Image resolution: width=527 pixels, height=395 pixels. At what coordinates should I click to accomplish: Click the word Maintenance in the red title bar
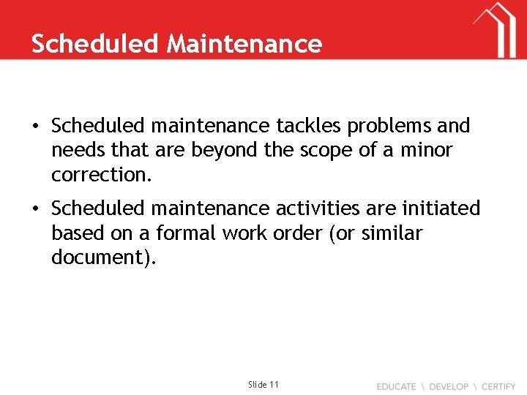(244, 44)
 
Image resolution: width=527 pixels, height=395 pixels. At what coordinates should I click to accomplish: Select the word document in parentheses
(100, 257)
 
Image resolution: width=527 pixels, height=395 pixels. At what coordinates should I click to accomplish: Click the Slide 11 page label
(263, 384)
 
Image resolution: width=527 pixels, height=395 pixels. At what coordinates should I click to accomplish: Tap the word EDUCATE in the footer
(396, 386)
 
